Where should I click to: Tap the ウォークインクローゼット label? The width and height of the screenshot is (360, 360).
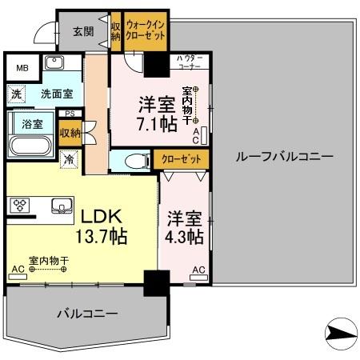[x=144, y=30]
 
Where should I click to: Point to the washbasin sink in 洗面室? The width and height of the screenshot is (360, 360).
[x=55, y=63]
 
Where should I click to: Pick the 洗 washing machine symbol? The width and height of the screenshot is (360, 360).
[x=17, y=94]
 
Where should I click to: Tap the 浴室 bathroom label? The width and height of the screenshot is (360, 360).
[x=33, y=125]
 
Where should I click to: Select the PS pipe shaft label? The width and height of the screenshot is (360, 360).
[x=70, y=114]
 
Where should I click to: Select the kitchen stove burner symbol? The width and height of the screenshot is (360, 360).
[x=18, y=205]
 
